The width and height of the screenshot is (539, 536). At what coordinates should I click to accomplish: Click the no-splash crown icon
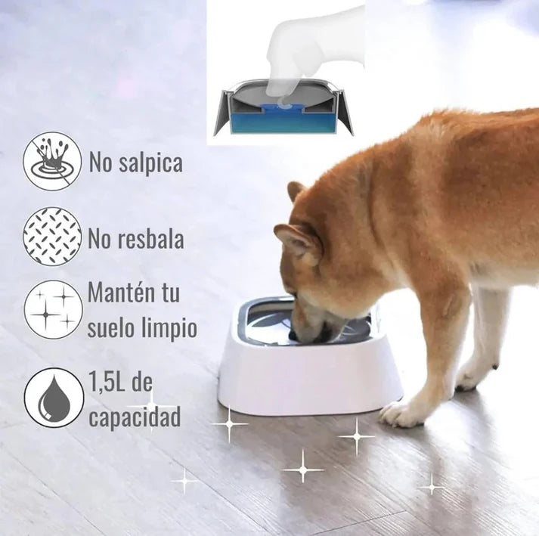(52, 161)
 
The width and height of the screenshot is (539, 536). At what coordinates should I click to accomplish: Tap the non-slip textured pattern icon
(52, 236)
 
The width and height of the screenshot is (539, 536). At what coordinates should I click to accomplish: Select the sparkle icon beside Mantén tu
(53, 309)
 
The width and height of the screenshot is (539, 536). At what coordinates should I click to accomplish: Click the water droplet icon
(54, 398)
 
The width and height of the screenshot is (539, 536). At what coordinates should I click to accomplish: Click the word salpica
(150, 163)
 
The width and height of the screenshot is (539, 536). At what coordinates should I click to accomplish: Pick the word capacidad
(135, 417)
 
